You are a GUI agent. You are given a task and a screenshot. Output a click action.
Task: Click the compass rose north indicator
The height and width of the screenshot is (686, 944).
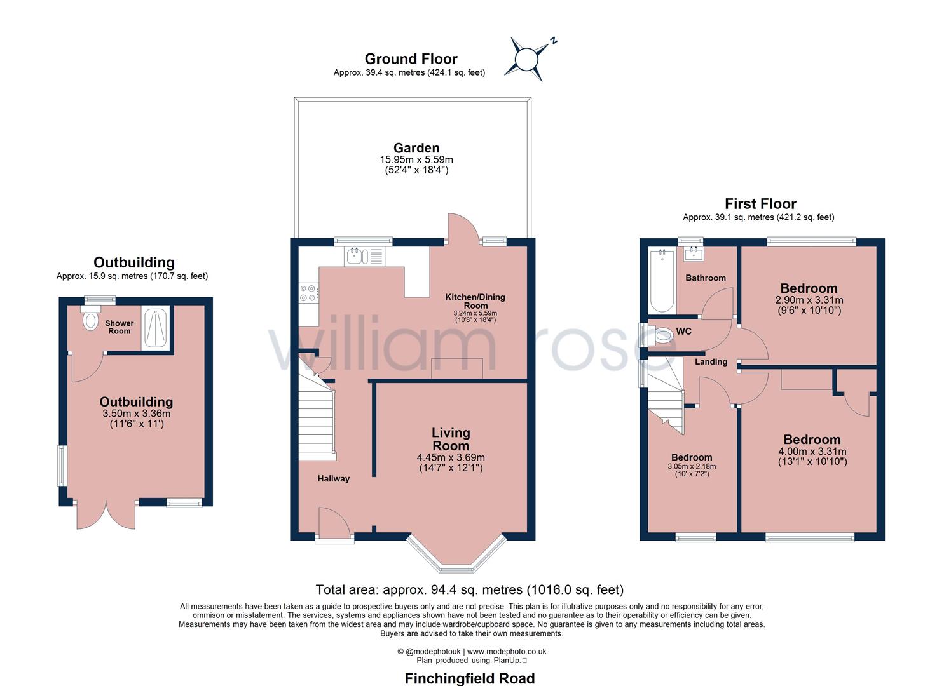point(526,59)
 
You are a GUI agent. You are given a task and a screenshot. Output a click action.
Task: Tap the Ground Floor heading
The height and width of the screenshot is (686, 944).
point(411,59)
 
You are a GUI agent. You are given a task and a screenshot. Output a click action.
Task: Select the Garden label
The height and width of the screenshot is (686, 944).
point(416,148)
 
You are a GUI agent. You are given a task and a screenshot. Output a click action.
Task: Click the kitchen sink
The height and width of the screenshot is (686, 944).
point(355,256)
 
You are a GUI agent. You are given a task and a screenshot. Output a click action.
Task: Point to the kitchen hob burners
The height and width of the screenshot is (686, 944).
point(308,293)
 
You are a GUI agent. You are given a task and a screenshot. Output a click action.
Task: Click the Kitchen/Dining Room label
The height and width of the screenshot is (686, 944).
point(475,300)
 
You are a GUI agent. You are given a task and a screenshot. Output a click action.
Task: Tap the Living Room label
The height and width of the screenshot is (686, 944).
point(451,439)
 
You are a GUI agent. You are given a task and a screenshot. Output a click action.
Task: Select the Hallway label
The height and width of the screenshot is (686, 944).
point(333,478)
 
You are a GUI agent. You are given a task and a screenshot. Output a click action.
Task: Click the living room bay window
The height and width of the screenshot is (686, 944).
point(456,553)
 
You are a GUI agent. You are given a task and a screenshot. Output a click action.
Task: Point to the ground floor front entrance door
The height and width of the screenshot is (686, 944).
point(334,525)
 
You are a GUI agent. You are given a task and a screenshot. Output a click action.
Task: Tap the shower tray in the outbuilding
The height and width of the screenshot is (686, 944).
point(156,328)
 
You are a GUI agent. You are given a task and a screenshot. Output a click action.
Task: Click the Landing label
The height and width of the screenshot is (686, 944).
point(711,361)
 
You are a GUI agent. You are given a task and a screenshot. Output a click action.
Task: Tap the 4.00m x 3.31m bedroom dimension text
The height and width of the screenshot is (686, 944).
point(812,452)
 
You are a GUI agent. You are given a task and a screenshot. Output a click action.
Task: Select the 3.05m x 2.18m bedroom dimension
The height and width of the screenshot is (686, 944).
point(692,467)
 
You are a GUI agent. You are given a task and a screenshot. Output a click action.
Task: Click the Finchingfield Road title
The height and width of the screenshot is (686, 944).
point(469,678)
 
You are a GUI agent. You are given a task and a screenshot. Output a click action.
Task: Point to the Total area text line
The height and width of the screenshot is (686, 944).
point(469,590)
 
